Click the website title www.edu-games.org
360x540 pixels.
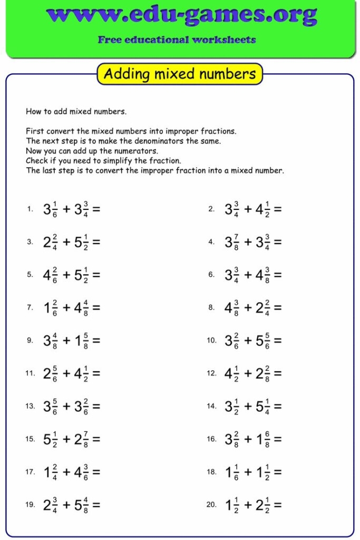pos(181,16)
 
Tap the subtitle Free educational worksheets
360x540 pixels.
pos(177,40)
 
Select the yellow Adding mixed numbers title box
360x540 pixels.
pos(180,74)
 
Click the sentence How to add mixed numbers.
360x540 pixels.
pos(76,112)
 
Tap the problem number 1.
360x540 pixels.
pos(30,209)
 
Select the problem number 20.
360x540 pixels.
pos(211,505)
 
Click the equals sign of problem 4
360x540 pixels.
pos(277,242)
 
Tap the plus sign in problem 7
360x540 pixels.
pos(66,307)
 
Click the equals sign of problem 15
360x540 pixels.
pos(96,439)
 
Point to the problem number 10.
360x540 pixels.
pos(211,341)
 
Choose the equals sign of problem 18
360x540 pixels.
pos(277,472)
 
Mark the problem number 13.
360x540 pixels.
pos(30,406)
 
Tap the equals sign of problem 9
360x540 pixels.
pos(96,341)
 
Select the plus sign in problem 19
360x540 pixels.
pos(66,505)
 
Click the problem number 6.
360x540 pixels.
pos(211,275)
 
